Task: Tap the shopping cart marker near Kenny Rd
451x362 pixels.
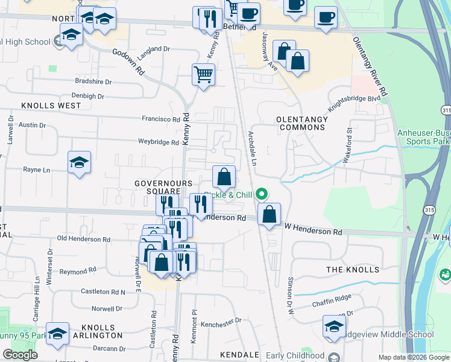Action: [x=204, y=75]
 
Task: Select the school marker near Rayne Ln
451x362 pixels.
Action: [x=80, y=163]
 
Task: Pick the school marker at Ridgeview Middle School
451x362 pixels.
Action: [x=334, y=327]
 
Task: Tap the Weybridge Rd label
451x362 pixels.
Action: [x=159, y=142]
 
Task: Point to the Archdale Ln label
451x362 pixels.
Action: [x=252, y=148]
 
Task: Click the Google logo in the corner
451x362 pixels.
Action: [x=20, y=355]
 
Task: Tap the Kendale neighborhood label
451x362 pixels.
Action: [x=239, y=355]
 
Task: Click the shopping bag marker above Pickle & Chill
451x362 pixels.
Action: [x=224, y=177]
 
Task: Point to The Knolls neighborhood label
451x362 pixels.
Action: [x=353, y=269]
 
